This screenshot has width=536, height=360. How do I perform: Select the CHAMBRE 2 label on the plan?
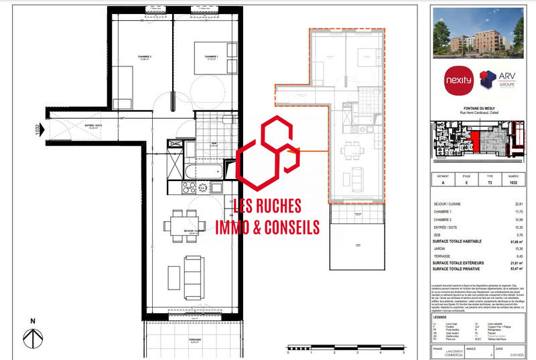[x=141, y=56]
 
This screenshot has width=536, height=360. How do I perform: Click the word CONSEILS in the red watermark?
[x=286, y=228]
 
